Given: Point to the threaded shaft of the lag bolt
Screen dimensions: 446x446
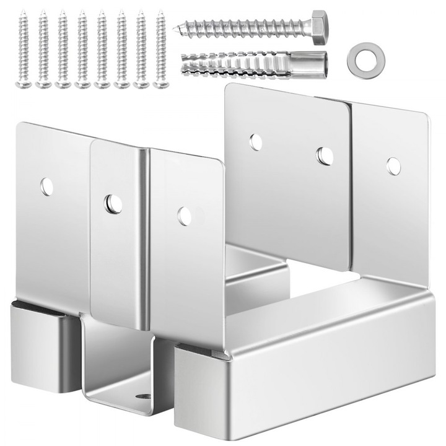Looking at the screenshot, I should pos(248,28).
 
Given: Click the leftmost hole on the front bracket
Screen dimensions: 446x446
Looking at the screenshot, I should pos(47,186).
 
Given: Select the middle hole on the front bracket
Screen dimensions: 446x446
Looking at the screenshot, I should pos(113,204).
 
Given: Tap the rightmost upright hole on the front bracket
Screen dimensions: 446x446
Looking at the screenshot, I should pos(185,216).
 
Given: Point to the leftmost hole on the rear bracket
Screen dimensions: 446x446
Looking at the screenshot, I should pos(255,142).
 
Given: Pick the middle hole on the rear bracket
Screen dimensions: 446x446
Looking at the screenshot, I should pos(325,156).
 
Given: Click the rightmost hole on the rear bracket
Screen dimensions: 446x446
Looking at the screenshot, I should pos(393,166).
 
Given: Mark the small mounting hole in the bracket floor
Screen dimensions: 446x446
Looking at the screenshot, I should pos(143,396).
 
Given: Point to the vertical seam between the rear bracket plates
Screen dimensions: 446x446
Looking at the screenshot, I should pos(351,186).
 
